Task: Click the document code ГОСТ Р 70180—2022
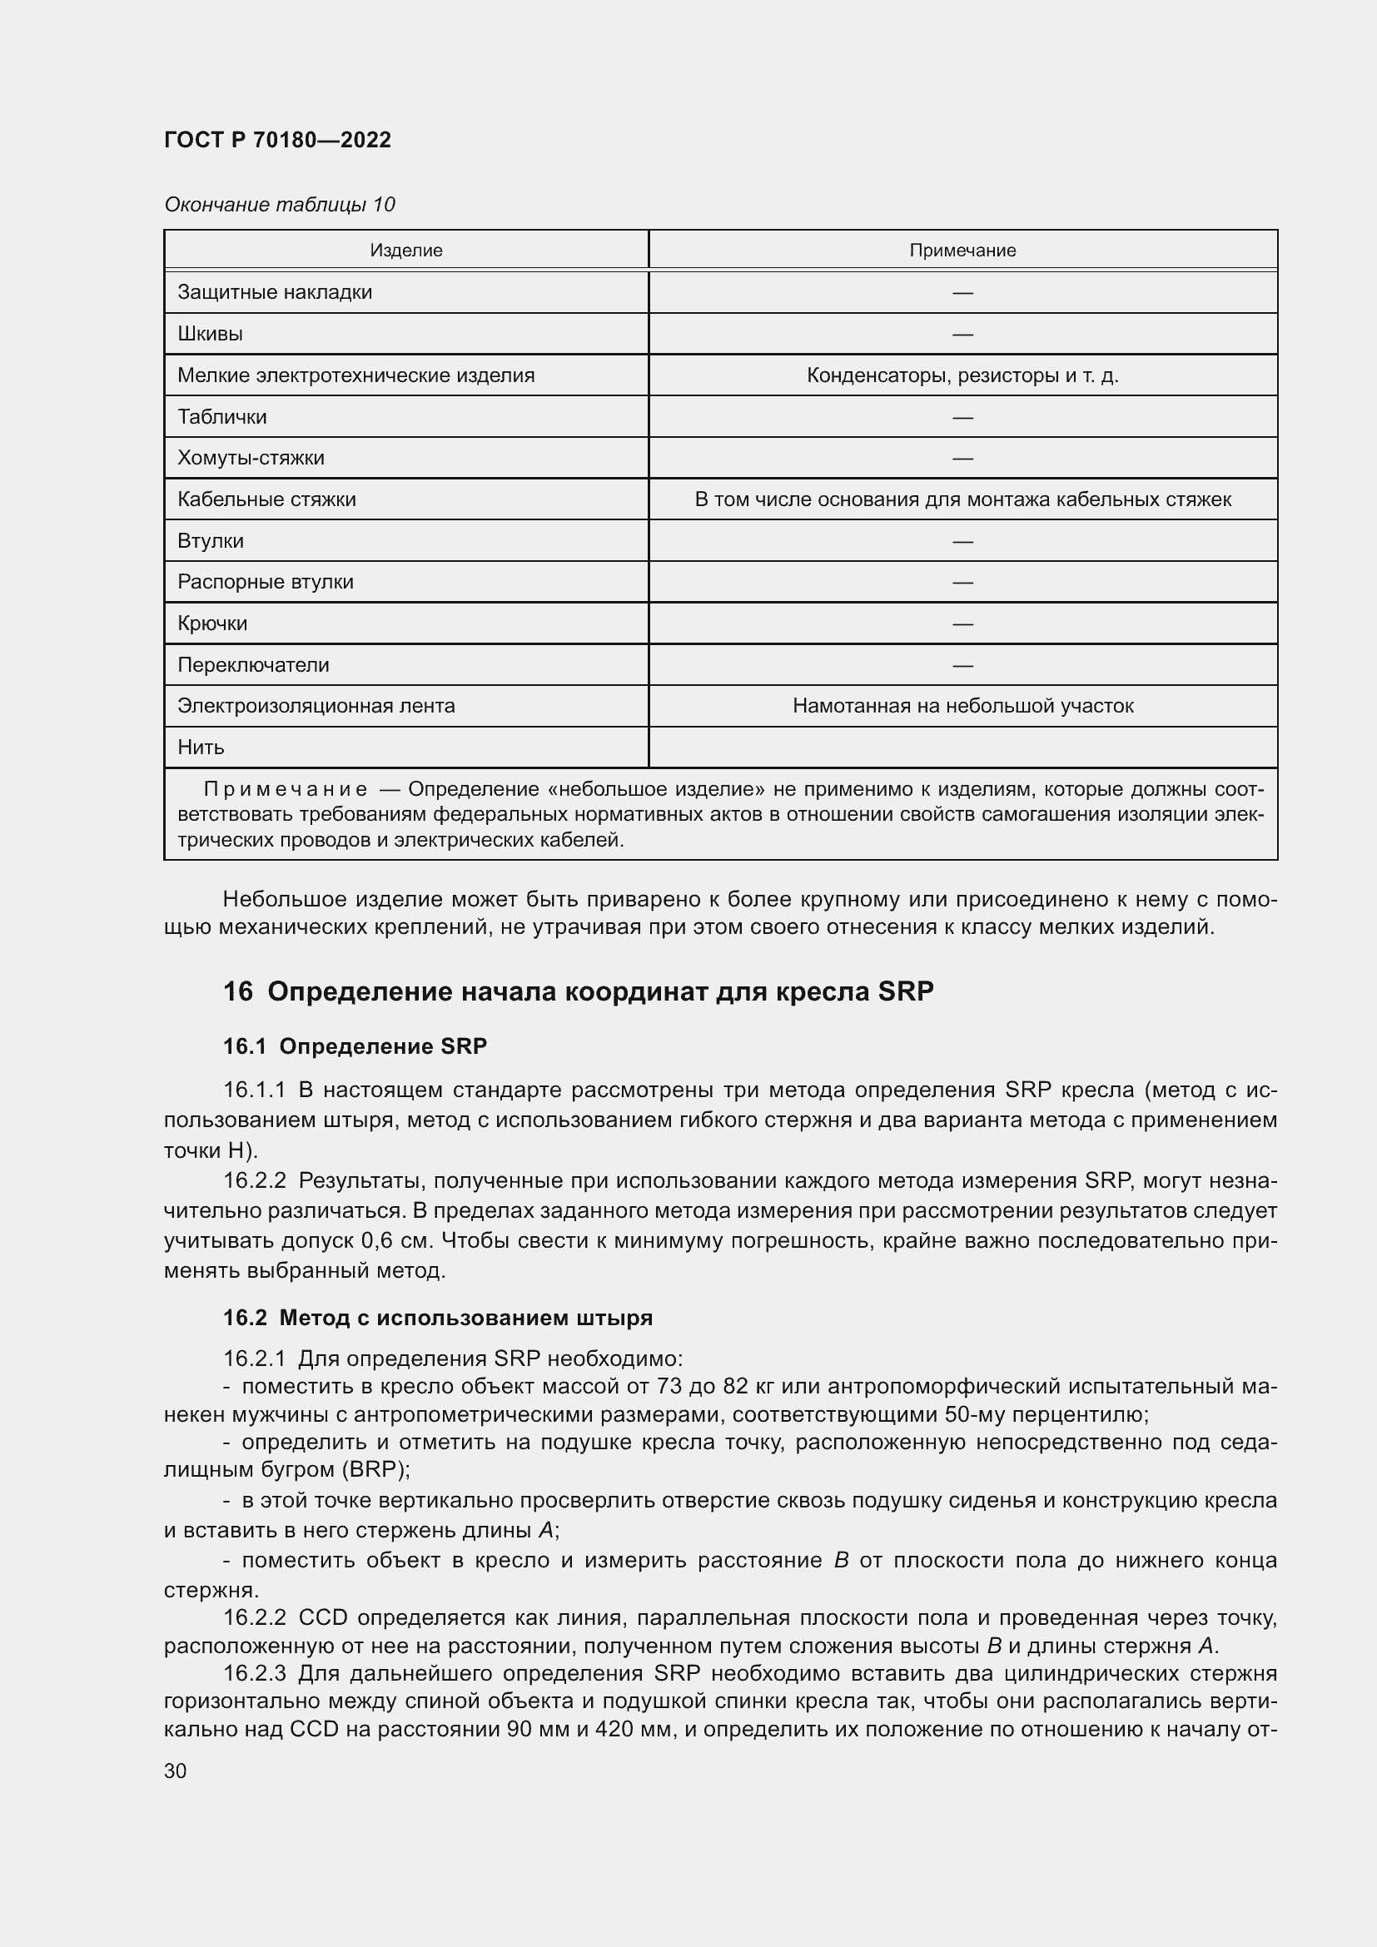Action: click(277, 140)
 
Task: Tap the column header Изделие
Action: click(405, 251)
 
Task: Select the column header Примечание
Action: click(962, 251)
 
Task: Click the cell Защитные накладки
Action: click(275, 291)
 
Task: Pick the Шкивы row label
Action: click(211, 333)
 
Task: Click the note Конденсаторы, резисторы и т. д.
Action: click(962, 375)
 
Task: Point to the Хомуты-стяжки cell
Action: click(251, 458)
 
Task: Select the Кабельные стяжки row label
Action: click(266, 499)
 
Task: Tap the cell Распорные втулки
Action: click(266, 582)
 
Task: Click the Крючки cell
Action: click(212, 623)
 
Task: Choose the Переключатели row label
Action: click(253, 665)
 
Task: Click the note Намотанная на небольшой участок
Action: click(962, 706)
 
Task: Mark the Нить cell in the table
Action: click(201, 747)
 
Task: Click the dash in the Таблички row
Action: click(962, 417)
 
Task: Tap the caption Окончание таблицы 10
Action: click(279, 205)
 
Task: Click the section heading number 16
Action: click(237, 991)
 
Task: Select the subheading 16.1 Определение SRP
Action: click(355, 1046)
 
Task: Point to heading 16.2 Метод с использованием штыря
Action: click(438, 1318)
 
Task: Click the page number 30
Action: click(176, 1771)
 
